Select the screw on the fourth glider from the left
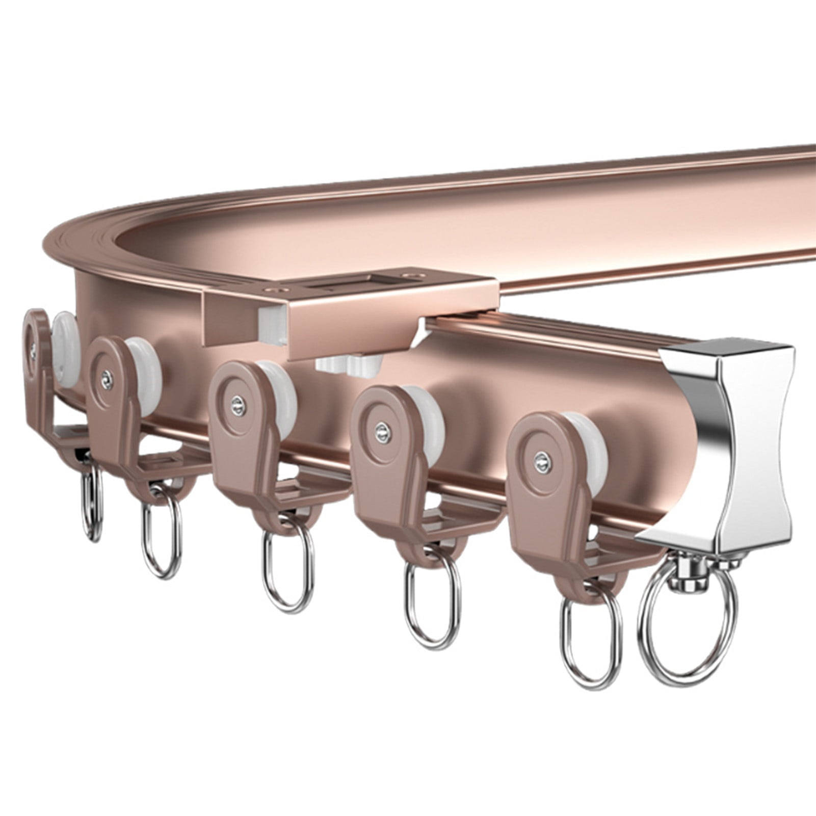coord(380,429)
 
